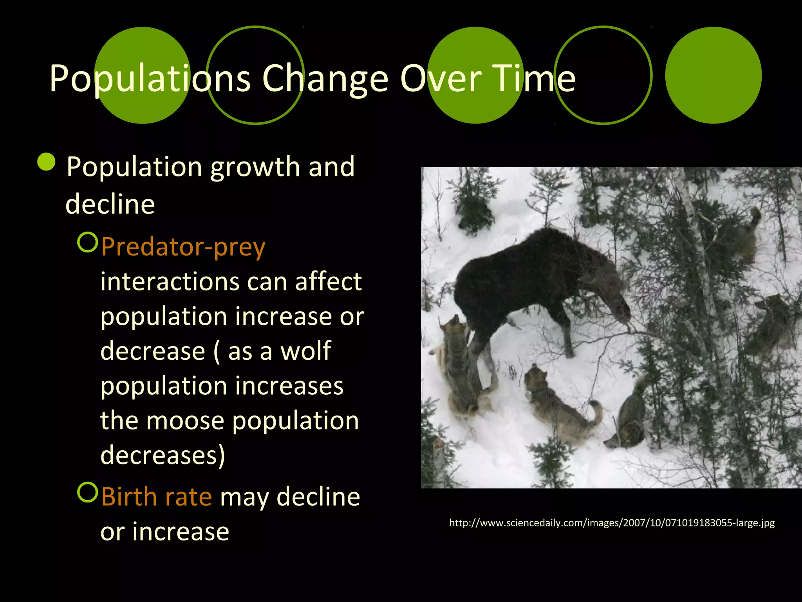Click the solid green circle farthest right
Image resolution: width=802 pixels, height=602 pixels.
click(713, 75)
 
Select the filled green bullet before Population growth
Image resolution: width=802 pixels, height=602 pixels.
click(47, 161)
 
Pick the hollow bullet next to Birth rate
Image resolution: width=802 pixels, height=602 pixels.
click(87, 492)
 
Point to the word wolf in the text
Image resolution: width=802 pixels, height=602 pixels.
click(306, 351)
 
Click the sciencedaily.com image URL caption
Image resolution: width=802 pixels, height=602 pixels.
click(612, 523)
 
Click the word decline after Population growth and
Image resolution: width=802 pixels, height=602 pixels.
click(110, 204)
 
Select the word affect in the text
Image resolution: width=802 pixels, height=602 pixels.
click(328, 281)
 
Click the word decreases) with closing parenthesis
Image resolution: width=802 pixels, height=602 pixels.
click(163, 455)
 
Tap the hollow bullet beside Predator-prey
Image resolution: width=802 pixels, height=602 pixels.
click(87, 242)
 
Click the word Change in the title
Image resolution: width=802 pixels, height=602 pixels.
click(325, 79)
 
